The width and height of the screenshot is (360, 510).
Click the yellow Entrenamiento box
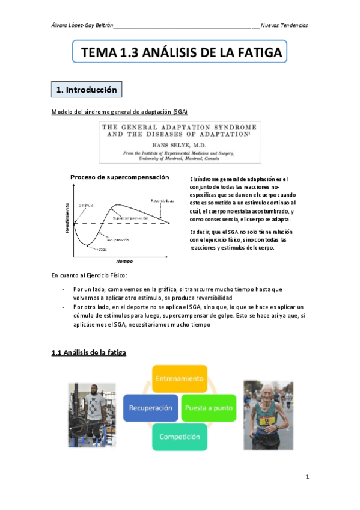click(x=180, y=379)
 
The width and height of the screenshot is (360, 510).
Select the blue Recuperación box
click(x=150, y=407)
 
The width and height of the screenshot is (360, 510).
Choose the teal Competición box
click(x=180, y=437)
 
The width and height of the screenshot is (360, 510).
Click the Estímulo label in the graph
click(x=86, y=206)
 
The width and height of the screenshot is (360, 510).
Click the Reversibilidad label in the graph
click(x=162, y=200)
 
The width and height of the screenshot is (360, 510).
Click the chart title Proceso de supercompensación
click(x=120, y=177)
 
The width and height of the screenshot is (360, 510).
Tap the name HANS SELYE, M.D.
click(x=179, y=145)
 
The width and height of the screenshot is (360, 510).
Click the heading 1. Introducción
click(x=86, y=90)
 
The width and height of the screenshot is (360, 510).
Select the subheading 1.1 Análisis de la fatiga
click(x=89, y=353)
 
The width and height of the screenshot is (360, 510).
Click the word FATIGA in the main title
click(x=253, y=53)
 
